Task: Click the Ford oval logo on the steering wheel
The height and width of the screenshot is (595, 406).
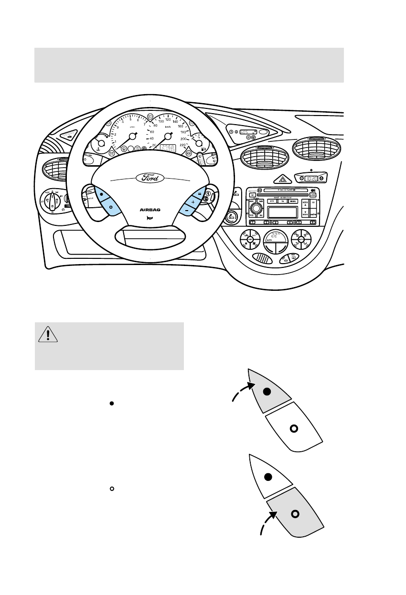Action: [x=150, y=178]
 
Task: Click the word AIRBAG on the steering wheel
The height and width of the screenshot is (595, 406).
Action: [x=150, y=209]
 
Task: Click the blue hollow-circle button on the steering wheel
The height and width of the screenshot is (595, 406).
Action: [x=111, y=207]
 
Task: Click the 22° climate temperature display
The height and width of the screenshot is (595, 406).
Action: [x=275, y=237]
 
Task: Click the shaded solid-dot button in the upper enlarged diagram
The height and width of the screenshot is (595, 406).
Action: [x=267, y=392]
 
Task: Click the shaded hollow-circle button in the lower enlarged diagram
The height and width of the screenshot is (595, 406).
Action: [x=295, y=513]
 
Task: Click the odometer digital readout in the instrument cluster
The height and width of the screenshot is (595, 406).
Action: [x=168, y=148]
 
